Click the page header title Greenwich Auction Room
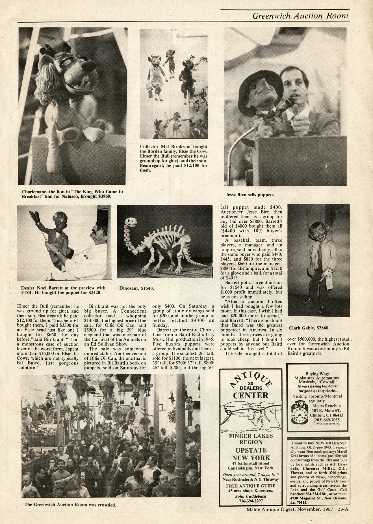[300, 16]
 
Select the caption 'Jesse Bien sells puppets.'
[250, 195]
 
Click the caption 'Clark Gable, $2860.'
[309, 328]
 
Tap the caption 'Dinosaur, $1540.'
[137, 288]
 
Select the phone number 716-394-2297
[251, 501]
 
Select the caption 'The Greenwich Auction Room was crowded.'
[70, 504]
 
